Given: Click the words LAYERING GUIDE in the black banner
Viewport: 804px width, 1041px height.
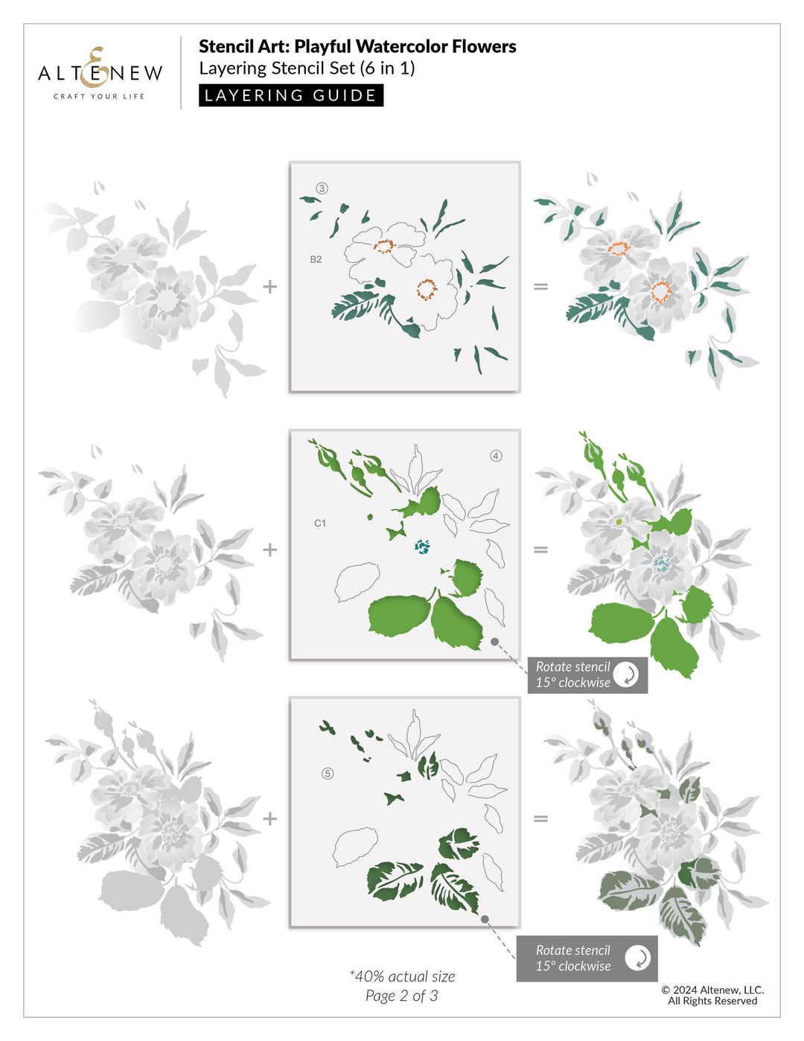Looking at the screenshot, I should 290,95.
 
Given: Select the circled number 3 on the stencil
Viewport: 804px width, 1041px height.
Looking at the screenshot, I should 322,188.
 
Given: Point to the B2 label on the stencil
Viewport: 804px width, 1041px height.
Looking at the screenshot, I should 316,259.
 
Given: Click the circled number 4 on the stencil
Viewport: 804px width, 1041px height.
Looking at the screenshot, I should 496,456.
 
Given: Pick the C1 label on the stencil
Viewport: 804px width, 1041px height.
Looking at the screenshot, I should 320,523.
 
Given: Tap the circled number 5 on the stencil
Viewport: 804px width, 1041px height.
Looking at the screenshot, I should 328,774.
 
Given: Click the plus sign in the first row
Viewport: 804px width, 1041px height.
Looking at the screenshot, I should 269,286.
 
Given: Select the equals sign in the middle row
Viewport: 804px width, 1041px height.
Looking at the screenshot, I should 540,550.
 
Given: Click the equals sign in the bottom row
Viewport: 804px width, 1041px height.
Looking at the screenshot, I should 540,818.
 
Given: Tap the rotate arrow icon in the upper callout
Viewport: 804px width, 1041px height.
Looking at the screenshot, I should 627,675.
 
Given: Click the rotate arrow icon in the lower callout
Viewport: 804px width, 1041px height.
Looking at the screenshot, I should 637,958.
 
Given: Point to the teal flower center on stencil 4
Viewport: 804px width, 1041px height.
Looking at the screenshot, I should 422,547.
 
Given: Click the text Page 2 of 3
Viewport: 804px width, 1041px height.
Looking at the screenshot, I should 401,996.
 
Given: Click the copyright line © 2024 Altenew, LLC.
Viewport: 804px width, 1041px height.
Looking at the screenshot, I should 712,990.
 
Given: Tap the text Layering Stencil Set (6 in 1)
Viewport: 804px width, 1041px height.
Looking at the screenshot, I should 307,69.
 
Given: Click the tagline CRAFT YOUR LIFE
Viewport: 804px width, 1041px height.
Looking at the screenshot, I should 99,96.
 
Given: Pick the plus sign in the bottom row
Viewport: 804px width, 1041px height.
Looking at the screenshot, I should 269,818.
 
